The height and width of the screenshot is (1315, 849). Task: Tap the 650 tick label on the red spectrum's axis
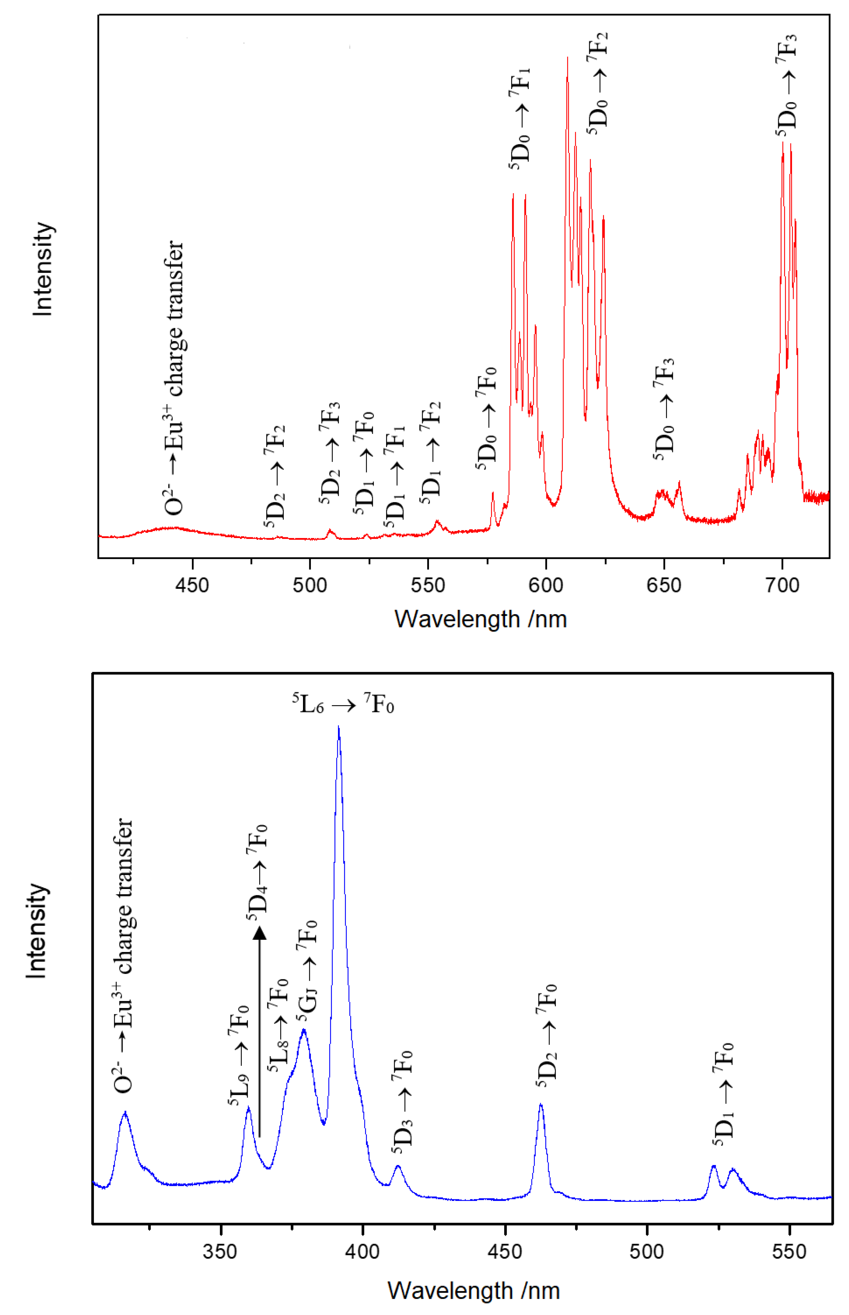click(664, 585)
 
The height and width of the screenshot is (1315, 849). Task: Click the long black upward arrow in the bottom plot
click(260, 1031)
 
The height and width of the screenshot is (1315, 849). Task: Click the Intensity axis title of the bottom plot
click(36, 931)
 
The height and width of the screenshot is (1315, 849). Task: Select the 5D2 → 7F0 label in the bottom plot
click(546, 1036)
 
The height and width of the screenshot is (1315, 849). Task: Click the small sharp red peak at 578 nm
click(493, 494)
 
